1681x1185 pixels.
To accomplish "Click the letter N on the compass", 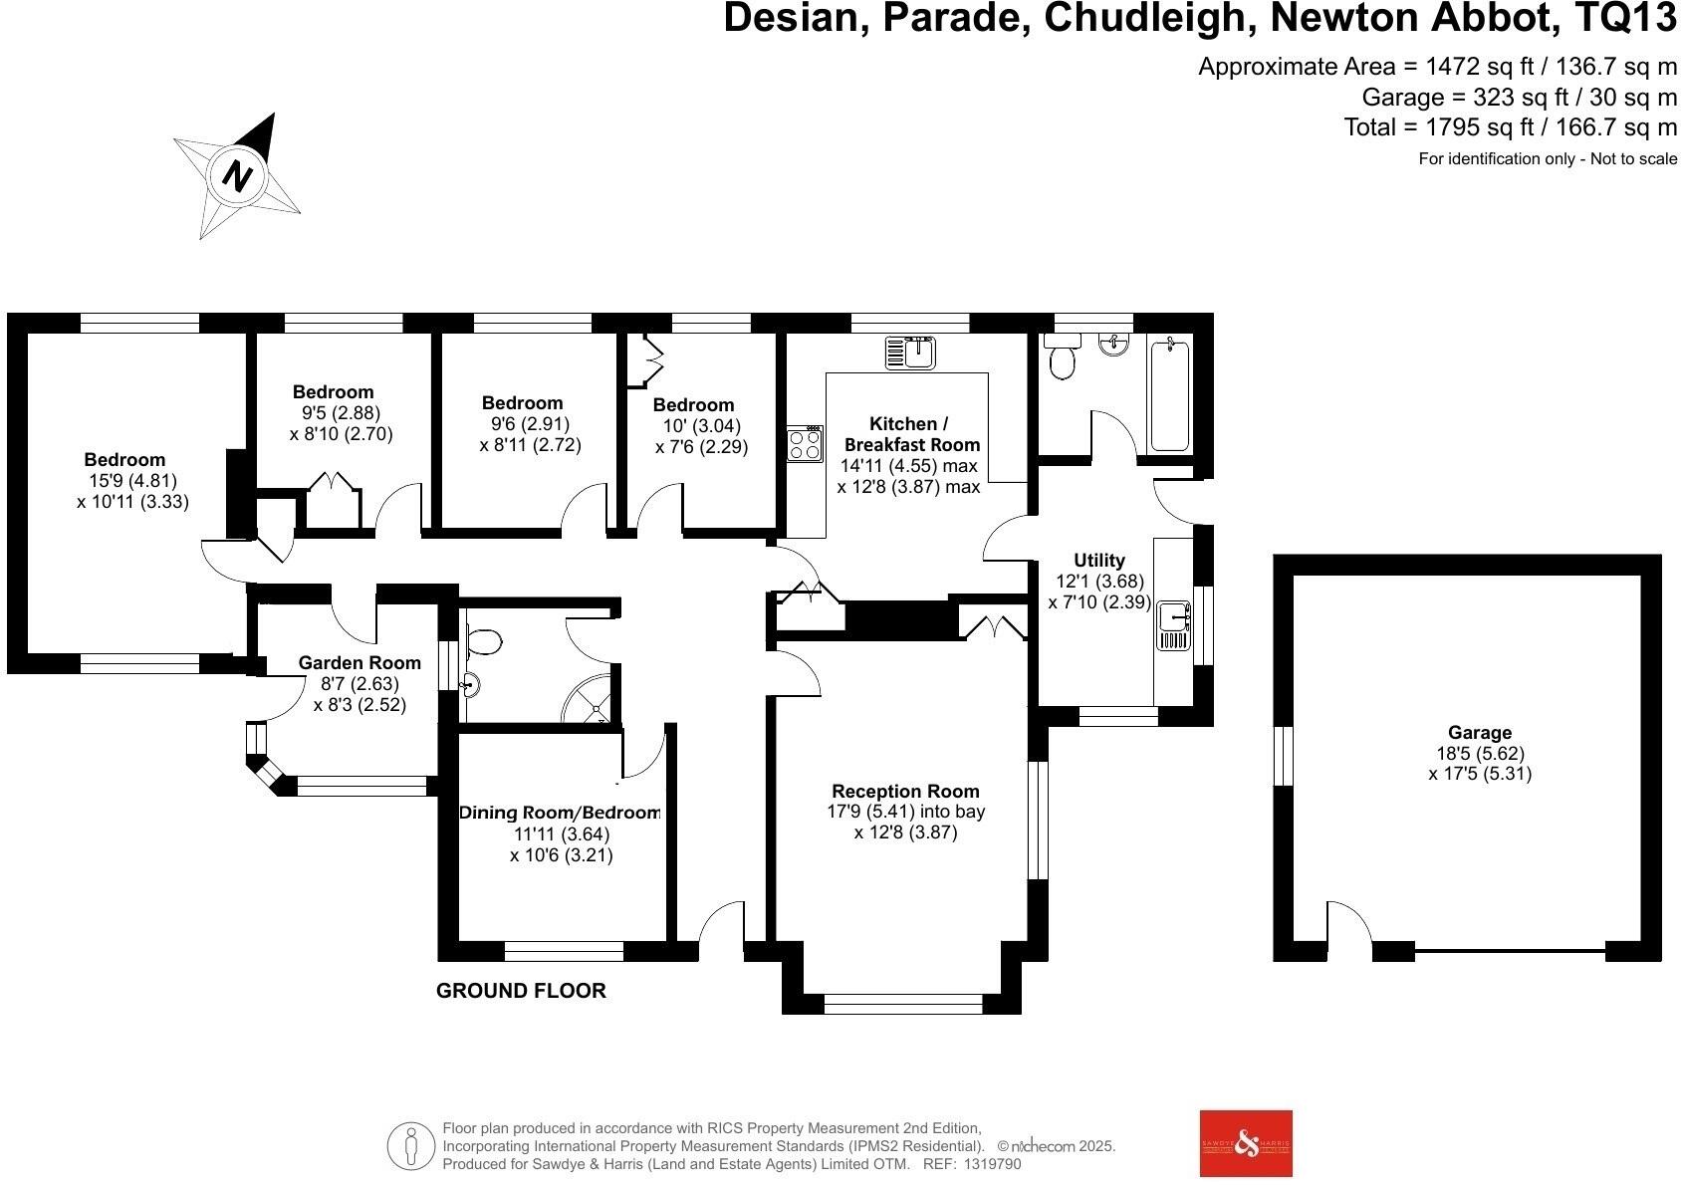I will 237,176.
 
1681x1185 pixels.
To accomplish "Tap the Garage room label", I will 1480,733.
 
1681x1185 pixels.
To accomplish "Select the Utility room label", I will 1099,561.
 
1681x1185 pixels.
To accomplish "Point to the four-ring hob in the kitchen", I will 805,443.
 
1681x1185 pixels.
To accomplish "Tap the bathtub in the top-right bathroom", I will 1168,395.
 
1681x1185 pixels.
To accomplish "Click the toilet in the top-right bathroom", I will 1063,360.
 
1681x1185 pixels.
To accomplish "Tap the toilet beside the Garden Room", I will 483,642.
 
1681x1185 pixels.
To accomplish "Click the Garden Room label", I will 360,663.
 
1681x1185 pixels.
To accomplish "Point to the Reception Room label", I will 905,792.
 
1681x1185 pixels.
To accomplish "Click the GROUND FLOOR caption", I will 521,991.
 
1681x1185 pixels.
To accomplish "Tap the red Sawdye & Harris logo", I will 1246,1143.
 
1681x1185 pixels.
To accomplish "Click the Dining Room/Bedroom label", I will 560,813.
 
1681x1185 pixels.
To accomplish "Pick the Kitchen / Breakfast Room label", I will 911,434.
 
